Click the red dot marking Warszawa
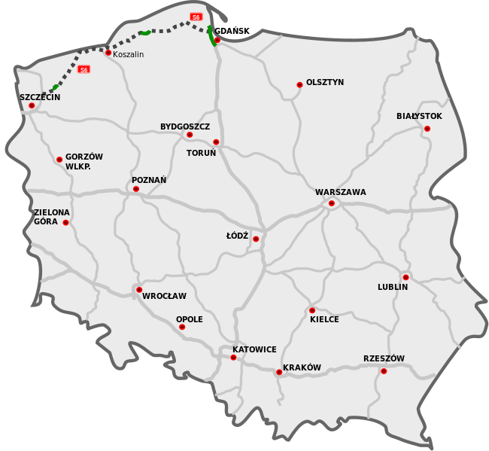click(331, 203)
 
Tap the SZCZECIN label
click(40, 97)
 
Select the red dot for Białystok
click(427, 129)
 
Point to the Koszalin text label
click(128, 54)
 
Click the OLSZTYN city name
click(325, 82)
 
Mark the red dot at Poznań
click(136, 189)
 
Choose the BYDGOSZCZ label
click(185, 126)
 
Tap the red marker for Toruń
click(216, 142)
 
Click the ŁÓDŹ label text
click(237, 236)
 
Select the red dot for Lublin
click(405, 277)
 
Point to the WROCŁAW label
click(164, 296)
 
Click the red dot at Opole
click(181, 327)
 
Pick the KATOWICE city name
click(254, 349)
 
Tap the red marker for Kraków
click(278, 372)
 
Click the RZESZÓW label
click(384, 358)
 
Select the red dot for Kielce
click(312, 310)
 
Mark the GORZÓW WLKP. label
click(84, 161)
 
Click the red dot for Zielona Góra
click(65, 222)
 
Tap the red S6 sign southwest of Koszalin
click(84, 69)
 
